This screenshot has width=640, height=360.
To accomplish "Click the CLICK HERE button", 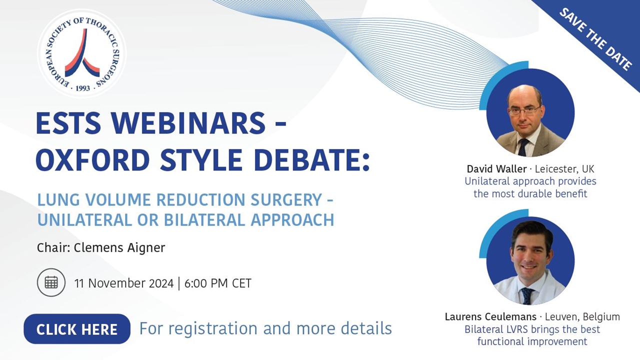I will tap(77, 329).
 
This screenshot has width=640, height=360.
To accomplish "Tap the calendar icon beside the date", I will tap(51, 282).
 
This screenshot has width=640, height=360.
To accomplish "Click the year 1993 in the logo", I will tap(82, 88).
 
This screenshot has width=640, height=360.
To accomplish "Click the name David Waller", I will tap(496, 169).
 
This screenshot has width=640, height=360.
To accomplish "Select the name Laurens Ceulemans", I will tap(490, 317).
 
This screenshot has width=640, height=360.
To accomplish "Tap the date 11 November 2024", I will tap(123, 283).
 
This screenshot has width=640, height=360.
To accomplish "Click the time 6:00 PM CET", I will tap(217, 283).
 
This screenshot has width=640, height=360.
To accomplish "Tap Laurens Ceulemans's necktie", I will tap(527, 295).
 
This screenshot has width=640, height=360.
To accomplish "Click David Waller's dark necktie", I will tap(523, 146).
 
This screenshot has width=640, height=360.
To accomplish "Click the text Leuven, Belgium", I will tap(582, 317).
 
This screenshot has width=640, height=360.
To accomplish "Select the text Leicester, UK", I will tap(564, 169).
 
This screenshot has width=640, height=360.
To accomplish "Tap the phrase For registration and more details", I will tap(265, 328).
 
